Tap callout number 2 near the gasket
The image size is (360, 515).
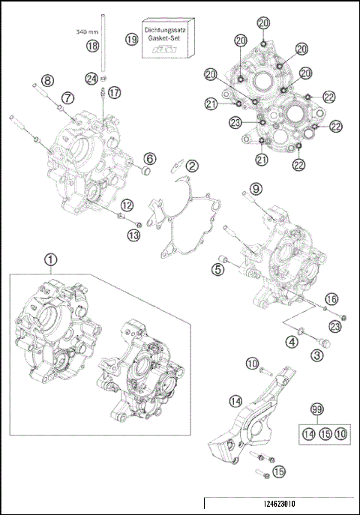point(193,165)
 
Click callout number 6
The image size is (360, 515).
point(150,158)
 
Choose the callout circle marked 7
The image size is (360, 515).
point(67,97)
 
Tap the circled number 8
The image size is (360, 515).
point(46,80)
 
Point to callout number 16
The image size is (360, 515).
point(331,298)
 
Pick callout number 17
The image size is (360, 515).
point(114,92)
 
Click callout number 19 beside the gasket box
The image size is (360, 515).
point(132,39)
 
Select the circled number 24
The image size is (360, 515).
point(91,78)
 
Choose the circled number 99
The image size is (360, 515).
point(316,409)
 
